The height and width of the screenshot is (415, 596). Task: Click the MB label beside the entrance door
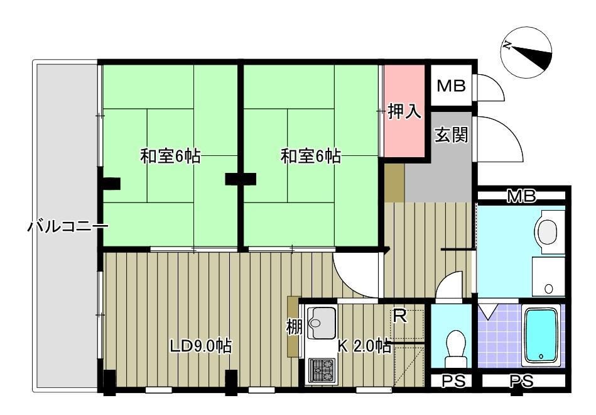coord(452,86)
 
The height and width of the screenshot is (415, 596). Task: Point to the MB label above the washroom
coord(522,197)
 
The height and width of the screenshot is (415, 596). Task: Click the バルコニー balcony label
coord(67,226)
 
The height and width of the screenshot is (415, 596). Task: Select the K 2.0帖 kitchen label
coord(365,345)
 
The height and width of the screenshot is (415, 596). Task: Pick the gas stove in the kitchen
coord(321,370)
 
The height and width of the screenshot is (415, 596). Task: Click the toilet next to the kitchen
coord(453,346)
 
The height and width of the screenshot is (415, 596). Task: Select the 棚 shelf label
coord(293,327)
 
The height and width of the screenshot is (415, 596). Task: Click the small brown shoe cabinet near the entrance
coord(394,183)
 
